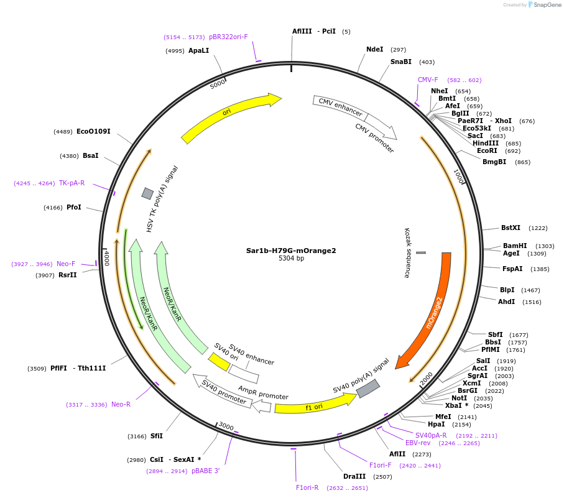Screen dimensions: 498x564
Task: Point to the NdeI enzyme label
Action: coord(375,49)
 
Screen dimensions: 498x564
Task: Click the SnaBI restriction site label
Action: coord(401,62)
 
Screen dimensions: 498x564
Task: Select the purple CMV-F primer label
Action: coord(428,80)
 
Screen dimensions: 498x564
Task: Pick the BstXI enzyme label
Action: coord(511,228)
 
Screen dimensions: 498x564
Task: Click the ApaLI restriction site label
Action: coord(198,50)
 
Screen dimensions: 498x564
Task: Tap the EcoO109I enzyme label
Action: coord(93,131)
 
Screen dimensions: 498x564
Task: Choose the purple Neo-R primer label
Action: coord(121,404)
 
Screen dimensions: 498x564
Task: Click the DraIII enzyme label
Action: coord(354,476)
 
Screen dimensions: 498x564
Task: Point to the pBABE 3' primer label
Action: coord(205,471)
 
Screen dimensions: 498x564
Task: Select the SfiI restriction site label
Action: coord(157,436)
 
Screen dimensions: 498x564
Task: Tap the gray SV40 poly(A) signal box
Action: coord(368,389)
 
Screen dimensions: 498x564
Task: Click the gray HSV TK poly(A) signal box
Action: coord(147,193)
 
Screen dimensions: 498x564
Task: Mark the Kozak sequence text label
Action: coord(407,252)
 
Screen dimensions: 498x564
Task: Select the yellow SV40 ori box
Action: coord(219,361)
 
